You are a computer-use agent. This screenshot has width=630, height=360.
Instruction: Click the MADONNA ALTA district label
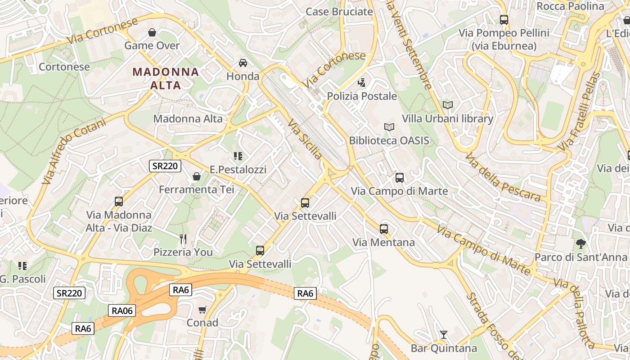coord(166,78)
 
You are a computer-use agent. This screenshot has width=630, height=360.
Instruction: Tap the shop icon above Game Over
coord(152,32)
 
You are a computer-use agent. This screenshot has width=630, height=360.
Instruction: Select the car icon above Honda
coord(243,63)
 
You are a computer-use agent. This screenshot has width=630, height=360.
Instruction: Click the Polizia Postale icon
coord(361,82)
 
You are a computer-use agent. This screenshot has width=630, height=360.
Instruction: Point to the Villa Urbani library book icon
coord(447,105)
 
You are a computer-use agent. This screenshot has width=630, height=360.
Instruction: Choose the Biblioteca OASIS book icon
coord(389,127)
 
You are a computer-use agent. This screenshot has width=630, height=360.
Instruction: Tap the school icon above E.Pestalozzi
coord(238,156)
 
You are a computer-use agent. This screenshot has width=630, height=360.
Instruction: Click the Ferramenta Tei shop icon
coord(197,176)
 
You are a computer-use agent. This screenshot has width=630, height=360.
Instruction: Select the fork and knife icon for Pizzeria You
coord(183,238)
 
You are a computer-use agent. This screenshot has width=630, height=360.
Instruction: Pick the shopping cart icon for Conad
coord(202,310)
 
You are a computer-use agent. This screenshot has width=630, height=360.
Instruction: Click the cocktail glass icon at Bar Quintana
coord(444,335)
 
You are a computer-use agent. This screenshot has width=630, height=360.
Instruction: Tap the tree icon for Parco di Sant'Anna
coord(581,244)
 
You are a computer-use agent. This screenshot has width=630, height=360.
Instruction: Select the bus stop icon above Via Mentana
coord(384,229)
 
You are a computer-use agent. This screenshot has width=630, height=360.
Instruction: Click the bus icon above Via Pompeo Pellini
coord(504,20)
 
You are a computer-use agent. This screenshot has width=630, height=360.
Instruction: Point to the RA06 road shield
coord(122,310)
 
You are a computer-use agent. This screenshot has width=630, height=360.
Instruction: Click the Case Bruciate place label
coord(339,12)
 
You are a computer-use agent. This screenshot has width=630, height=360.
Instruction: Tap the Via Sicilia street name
coord(305,139)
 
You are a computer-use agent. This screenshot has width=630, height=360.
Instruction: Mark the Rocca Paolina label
coord(570,6)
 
